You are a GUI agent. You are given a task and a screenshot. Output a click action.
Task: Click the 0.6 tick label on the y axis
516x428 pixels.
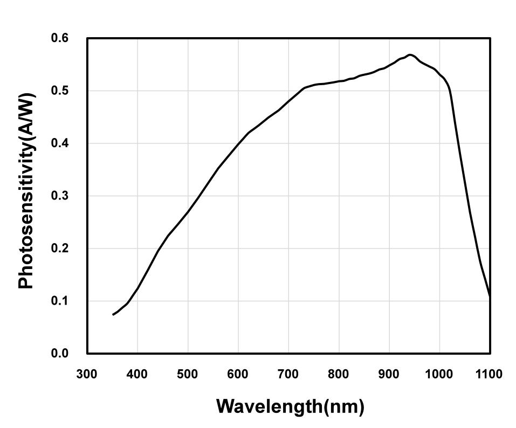pyautogui.click(x=60, y=38)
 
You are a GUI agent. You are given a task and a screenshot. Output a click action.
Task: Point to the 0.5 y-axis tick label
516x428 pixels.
pyautogui.click(x=60, y=91)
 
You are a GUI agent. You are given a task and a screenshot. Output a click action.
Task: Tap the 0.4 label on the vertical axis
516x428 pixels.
pyautogui.click(x=60, y=143)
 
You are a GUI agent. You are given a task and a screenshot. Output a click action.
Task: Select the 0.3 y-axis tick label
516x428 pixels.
pyautogui.click(x=60, y=196)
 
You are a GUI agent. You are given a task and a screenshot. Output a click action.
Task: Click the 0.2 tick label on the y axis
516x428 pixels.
pyautogui.click(x=60, y=248)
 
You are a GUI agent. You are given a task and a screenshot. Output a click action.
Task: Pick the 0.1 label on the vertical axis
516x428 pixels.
pyautogui.click(x=60, y=301)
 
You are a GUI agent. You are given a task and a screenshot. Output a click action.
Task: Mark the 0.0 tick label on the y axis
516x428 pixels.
pyautogui.click(x=60, y=354)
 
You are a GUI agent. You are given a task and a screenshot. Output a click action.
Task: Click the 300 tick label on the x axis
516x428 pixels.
pyautogui.click(x=87, y=374)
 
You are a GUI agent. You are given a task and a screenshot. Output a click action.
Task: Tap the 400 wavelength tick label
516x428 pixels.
pyautogui.click(x=137, y=374)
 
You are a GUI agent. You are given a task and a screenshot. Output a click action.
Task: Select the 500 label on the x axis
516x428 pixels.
pyautogui.click(x=188, y=374)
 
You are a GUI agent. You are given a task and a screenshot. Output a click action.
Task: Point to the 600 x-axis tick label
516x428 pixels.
pyautogui.click(x=238, y=374)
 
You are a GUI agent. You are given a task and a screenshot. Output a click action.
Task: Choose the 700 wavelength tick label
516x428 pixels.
pyautogui.click(x=288, y=374)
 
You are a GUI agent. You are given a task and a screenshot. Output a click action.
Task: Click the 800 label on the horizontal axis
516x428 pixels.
pyautogui.click(x=339, y=374)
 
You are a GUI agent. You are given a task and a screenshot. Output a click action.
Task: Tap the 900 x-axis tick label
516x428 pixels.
pyautogui.click(x=389, y=374)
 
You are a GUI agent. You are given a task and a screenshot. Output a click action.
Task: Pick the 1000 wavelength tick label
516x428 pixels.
pyautogui.click(x=439, y=374)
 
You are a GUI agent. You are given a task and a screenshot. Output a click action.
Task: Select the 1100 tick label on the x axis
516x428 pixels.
pyautogui.click(x=489, y=374)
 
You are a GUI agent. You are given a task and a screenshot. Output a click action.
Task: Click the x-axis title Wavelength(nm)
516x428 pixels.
pyautogui.click(x=290, y=406)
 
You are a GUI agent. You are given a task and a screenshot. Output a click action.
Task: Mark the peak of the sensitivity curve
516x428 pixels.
pyautogui.click(x=410, y=55)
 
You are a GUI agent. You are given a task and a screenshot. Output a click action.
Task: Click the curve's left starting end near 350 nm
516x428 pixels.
pyautogui.click(x=113, y=314)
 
